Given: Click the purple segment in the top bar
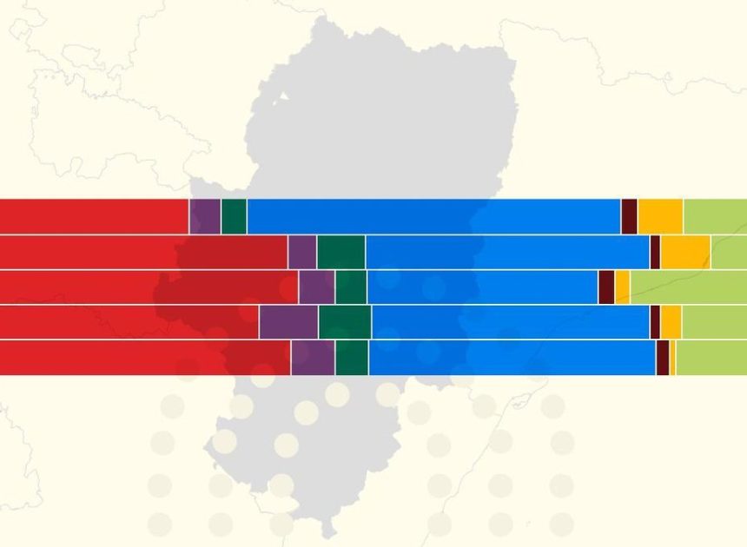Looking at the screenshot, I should pos(205,216).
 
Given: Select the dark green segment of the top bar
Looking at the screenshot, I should pos(234,216).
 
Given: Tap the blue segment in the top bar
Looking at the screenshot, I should pos(433,216).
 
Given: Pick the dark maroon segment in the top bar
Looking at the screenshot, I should pos(629,216).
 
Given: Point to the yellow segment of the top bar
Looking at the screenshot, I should pos(660,216).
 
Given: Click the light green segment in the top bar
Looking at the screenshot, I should pos(715,216).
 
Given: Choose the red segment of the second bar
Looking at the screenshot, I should pos(143,252).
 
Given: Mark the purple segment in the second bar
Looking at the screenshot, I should pos(301,252).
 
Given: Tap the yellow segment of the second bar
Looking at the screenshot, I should pos(685,252).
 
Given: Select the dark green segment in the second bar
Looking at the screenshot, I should pos(340,252).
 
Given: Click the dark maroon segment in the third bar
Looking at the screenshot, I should pos(606,287).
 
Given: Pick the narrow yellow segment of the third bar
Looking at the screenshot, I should pos(623,287).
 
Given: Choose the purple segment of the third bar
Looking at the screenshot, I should pos(316,287).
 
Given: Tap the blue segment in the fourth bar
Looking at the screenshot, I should pos(510,322).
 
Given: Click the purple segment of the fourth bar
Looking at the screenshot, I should pos(288,322).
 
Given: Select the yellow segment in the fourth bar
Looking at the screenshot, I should pos(671,322).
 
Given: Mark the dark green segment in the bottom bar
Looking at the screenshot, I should pos(351,358).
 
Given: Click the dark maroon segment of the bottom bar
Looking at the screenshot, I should pos(663,358).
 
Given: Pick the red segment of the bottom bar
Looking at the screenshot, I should pos(144,358).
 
